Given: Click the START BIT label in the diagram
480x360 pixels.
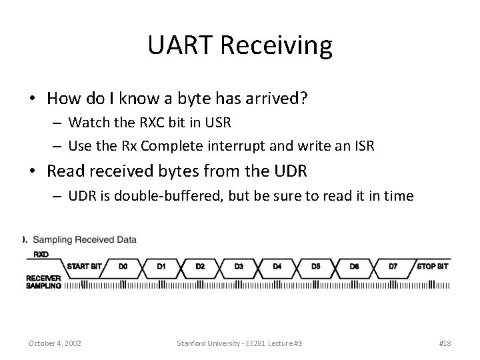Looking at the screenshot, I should click(84, 266).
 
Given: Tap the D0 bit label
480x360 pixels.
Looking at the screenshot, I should click(123, 266).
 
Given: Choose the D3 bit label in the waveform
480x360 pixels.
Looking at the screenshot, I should click(239, 266).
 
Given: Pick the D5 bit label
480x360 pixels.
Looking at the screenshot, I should click(316, 266).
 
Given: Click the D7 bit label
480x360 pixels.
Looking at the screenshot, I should click(393, 266).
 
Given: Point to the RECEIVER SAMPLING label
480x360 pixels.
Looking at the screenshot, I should click(43, 281).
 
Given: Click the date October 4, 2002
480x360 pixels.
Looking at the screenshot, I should click(55, 343).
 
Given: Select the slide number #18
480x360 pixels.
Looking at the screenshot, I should click(445, 343).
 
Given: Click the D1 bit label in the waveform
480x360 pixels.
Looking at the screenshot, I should click(161, 266).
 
